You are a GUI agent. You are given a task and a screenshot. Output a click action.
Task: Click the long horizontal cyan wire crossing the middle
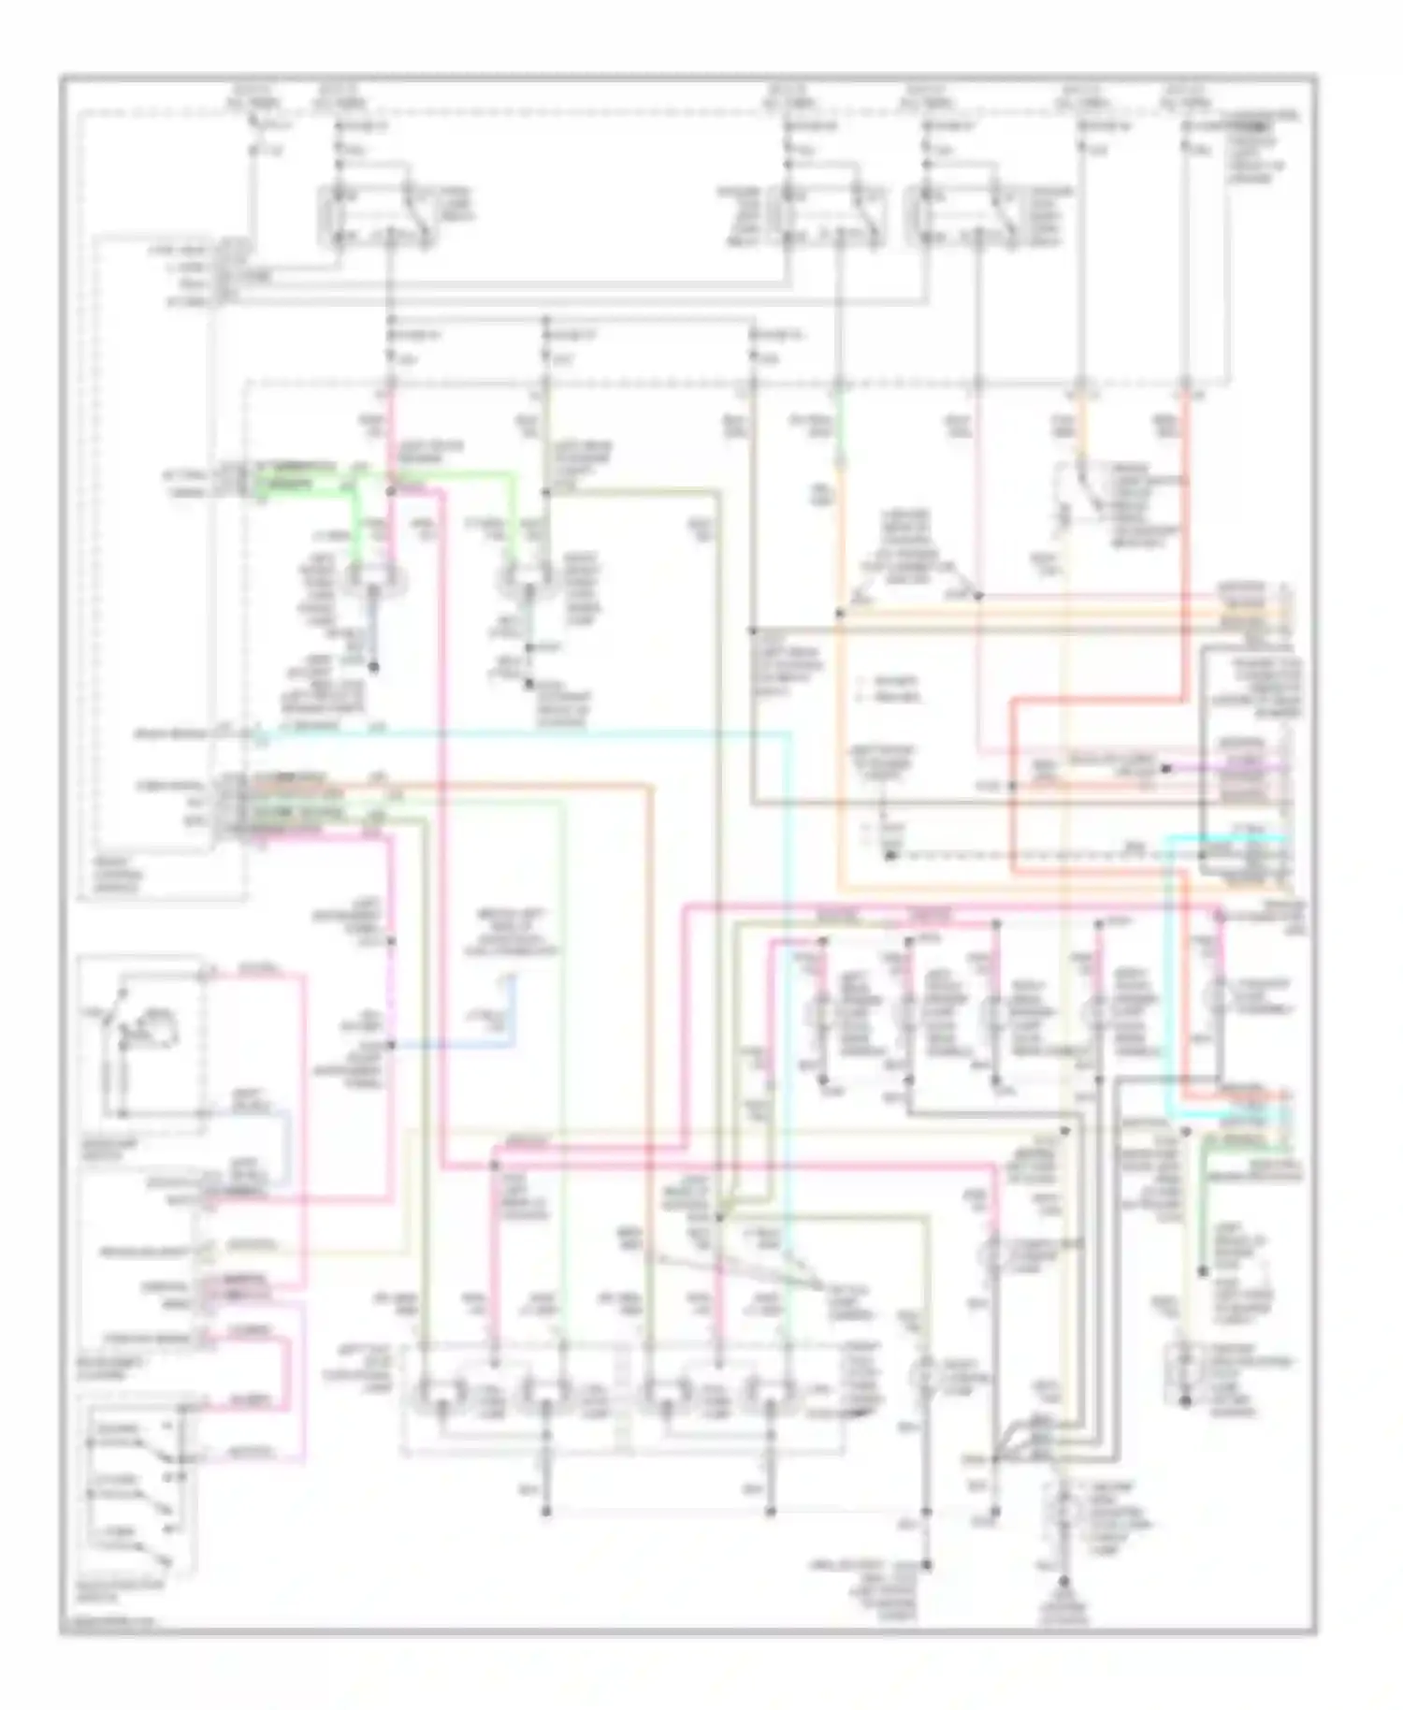click(524, 734)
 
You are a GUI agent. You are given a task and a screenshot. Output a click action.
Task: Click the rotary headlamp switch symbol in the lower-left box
click(140, 1029)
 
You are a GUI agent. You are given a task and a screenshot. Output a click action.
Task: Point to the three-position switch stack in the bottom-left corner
click(131, 1487)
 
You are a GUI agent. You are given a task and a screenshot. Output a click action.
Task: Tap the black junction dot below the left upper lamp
click(373, 667)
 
